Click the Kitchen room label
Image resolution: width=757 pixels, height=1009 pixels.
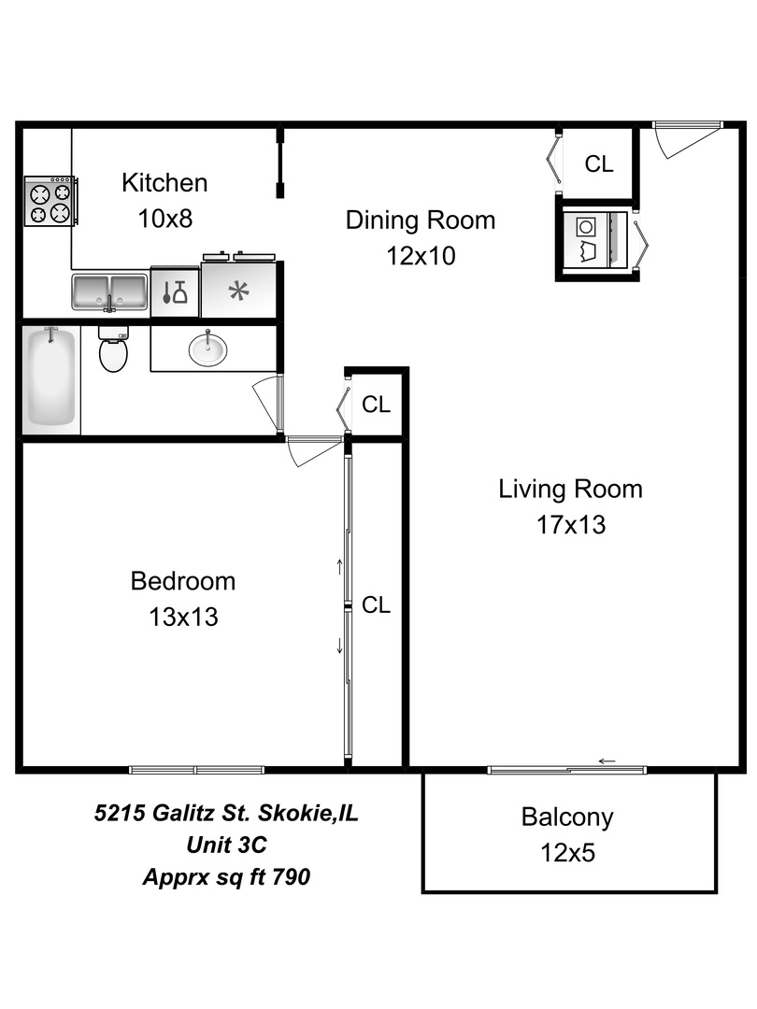(164, 183)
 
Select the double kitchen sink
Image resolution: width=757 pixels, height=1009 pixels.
(110, 292)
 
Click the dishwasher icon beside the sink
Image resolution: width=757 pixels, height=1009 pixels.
(175, 292)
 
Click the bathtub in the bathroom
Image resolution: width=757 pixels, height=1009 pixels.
(50, 379)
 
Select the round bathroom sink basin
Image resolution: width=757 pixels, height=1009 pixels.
(207, 349)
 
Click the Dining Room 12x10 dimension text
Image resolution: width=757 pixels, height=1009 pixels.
(421, 256)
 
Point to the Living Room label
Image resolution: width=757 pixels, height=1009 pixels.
(570, 489)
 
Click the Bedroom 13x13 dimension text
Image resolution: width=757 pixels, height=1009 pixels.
(183, 618)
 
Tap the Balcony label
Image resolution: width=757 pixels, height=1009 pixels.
(567, 817)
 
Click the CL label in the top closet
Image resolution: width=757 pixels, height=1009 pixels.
(599, 164)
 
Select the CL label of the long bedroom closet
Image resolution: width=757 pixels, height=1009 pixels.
(376, 604)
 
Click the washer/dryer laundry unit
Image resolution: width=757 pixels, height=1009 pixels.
(593, 239)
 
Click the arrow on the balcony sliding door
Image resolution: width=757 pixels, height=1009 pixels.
(607, 761)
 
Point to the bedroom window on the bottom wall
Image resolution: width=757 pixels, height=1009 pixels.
(196, 770)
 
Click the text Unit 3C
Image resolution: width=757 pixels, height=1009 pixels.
(226, 845)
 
